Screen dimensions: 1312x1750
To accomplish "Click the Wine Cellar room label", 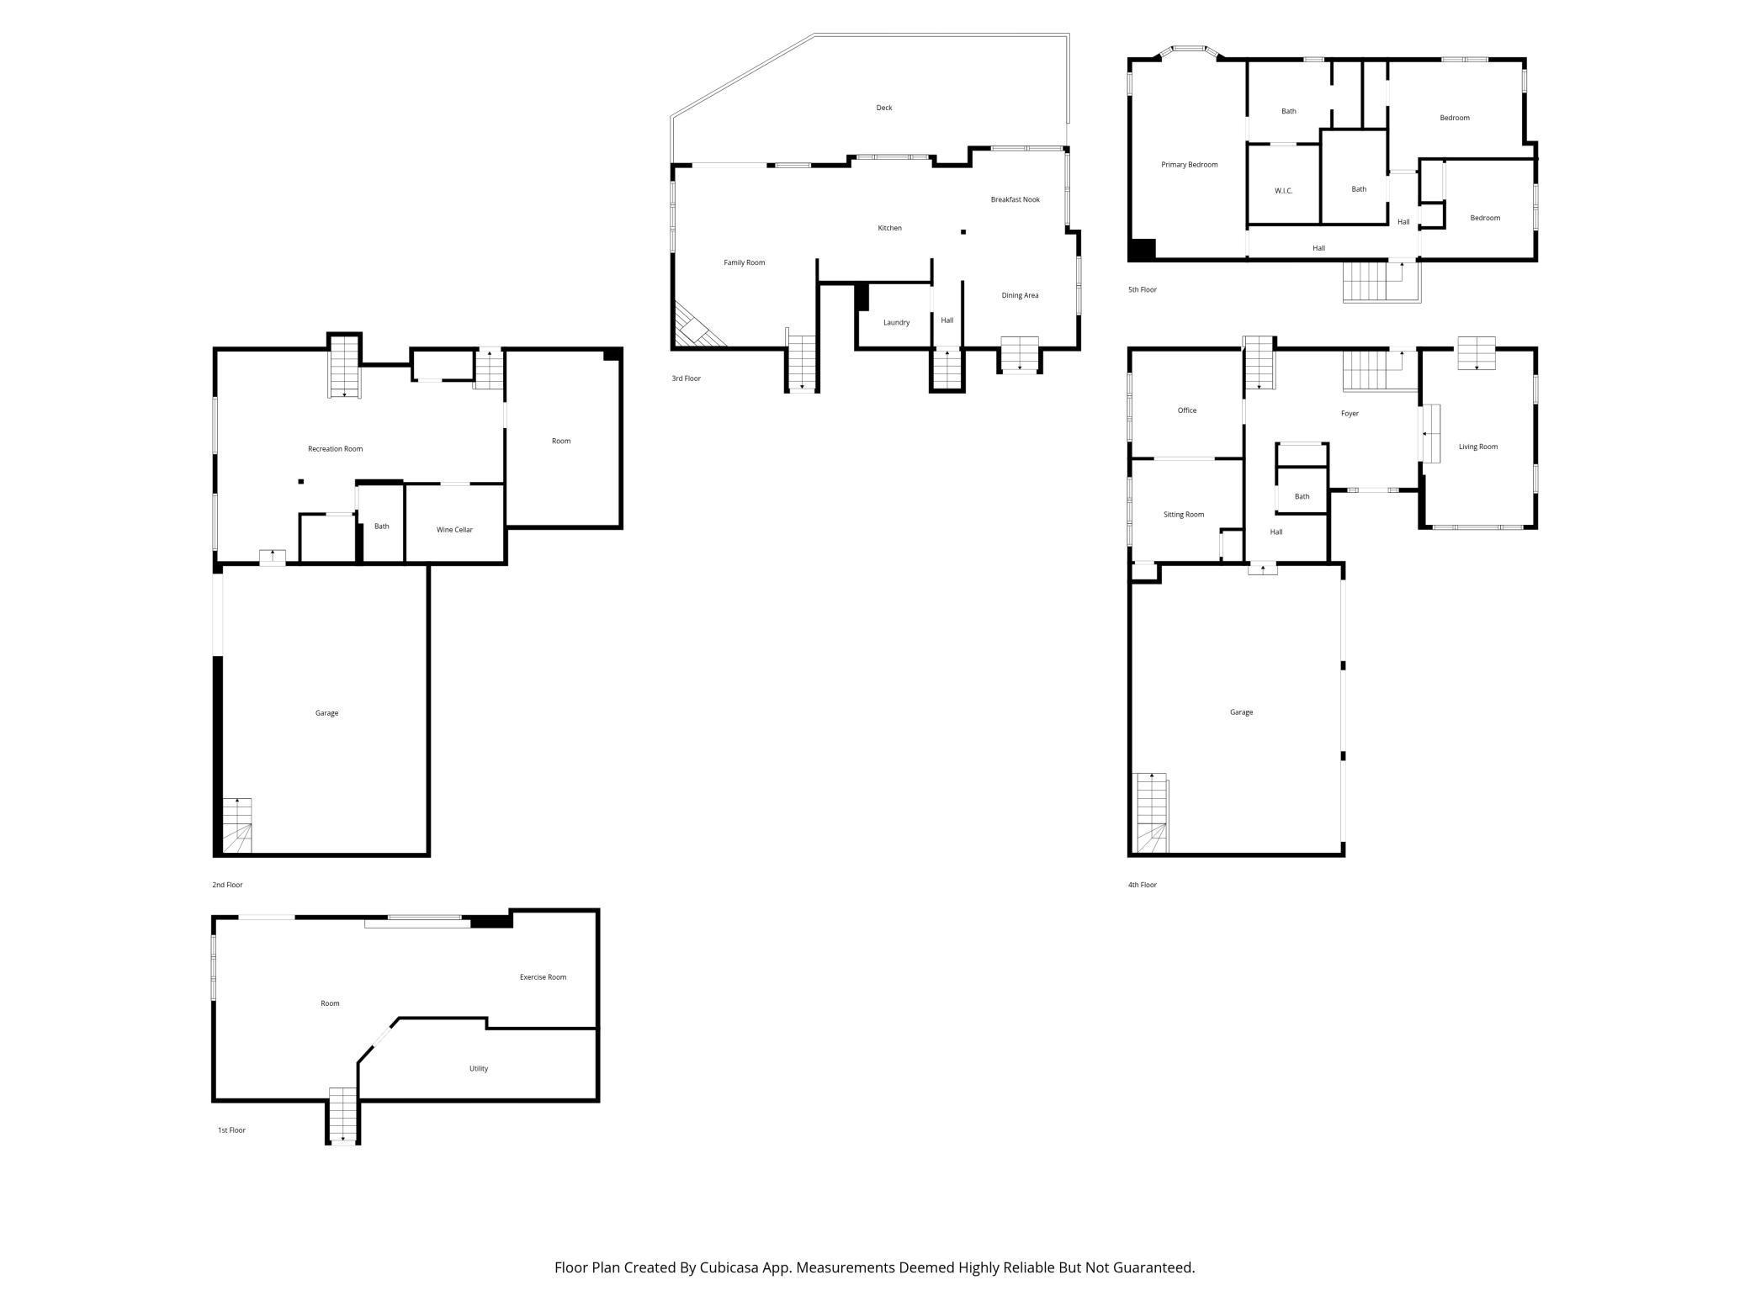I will point(454,530).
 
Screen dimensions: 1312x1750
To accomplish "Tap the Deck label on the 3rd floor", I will point(883,108).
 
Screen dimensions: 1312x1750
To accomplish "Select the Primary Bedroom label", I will point(1189,165).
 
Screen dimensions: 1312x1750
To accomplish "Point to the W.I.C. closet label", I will point(1283,191).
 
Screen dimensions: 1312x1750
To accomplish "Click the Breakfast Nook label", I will point(1015,199).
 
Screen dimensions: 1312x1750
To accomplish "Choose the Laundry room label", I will point(896,323).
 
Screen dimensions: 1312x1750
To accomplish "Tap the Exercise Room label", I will point(543,977).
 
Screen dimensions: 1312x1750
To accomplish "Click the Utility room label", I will point(478,1069).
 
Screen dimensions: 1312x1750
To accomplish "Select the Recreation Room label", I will point(335,449).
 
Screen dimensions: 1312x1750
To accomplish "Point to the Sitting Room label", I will point(1183,515).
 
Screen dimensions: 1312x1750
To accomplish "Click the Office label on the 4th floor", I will point(1186,410).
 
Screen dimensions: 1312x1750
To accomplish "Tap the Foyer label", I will point(1350,414).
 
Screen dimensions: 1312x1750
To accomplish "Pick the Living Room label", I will point(1477,447).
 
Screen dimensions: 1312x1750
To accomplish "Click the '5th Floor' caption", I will point(1142,290).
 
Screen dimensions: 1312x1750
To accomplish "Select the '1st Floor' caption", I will point(231,1130).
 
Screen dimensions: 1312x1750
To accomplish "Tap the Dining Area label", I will point(1020,295).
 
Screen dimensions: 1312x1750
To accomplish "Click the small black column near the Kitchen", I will point(963,231).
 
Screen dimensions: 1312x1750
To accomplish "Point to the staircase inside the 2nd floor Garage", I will point(236,826).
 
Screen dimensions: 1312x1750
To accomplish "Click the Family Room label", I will point(744,262).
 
